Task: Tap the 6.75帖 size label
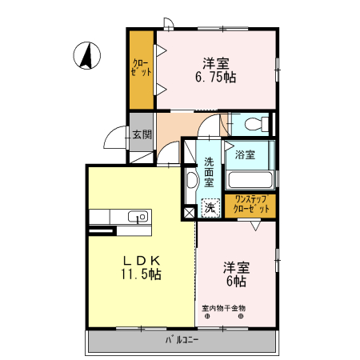tap(215, 78)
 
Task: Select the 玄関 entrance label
tap(142, 134)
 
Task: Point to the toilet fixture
tap(254, 124)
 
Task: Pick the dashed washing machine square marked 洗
tap(210, 207)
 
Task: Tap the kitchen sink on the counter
tap(137, 216)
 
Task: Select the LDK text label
tap(143, 260)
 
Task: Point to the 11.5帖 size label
tap(143, 274)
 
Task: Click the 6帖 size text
tap(235, 282)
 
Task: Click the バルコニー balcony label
tap(182, 339)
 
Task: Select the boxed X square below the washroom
tap(189, 213)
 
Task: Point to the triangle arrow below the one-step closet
tap(254, 226)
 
